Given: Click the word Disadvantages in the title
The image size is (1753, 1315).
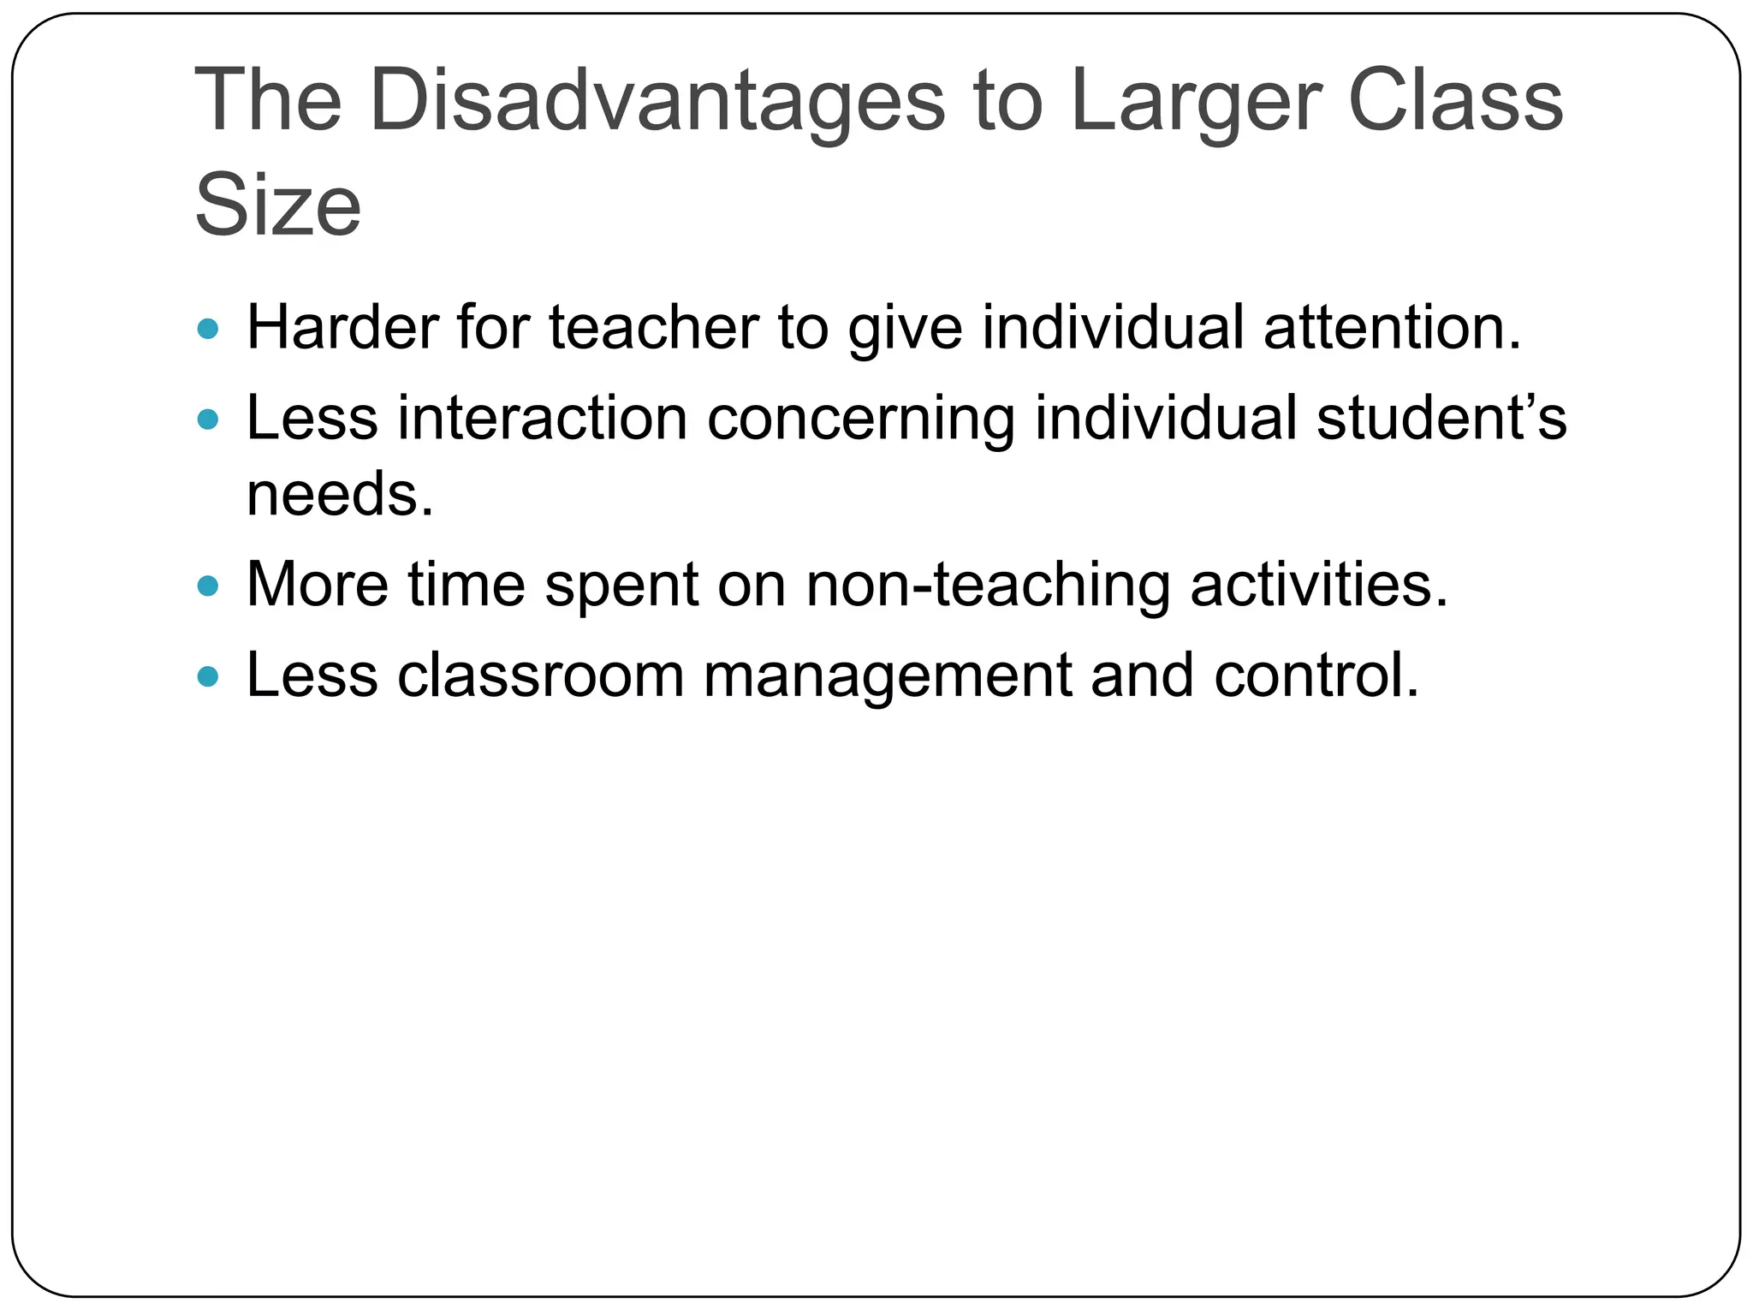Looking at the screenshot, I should click(x=657, y=102).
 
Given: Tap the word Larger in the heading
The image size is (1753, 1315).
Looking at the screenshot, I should click(x=1196, y=102).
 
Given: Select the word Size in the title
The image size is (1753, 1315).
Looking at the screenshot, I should click(x=278, y=206).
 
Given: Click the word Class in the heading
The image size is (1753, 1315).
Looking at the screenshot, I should click(x=1455, y=102).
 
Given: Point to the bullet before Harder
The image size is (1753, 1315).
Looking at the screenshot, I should click(x=208, y=328).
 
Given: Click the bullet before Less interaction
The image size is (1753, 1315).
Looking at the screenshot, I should click(x=208, y=419).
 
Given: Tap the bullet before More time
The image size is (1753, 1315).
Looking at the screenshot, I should click(x=208, y=586).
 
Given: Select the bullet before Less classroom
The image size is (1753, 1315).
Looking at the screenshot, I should click(x=208, y=677).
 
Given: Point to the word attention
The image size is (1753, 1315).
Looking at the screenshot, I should click(x=1392, y=328).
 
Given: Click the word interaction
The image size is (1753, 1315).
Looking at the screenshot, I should click(x=543, y=419).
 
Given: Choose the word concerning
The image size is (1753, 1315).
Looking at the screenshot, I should click(x=861, y=419).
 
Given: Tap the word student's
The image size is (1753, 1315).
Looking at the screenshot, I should click(x=1441, y=419).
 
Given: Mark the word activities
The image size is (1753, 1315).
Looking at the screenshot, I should click(x=1319, y=586).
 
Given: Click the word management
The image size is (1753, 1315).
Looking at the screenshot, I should click(x=887, y=677).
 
